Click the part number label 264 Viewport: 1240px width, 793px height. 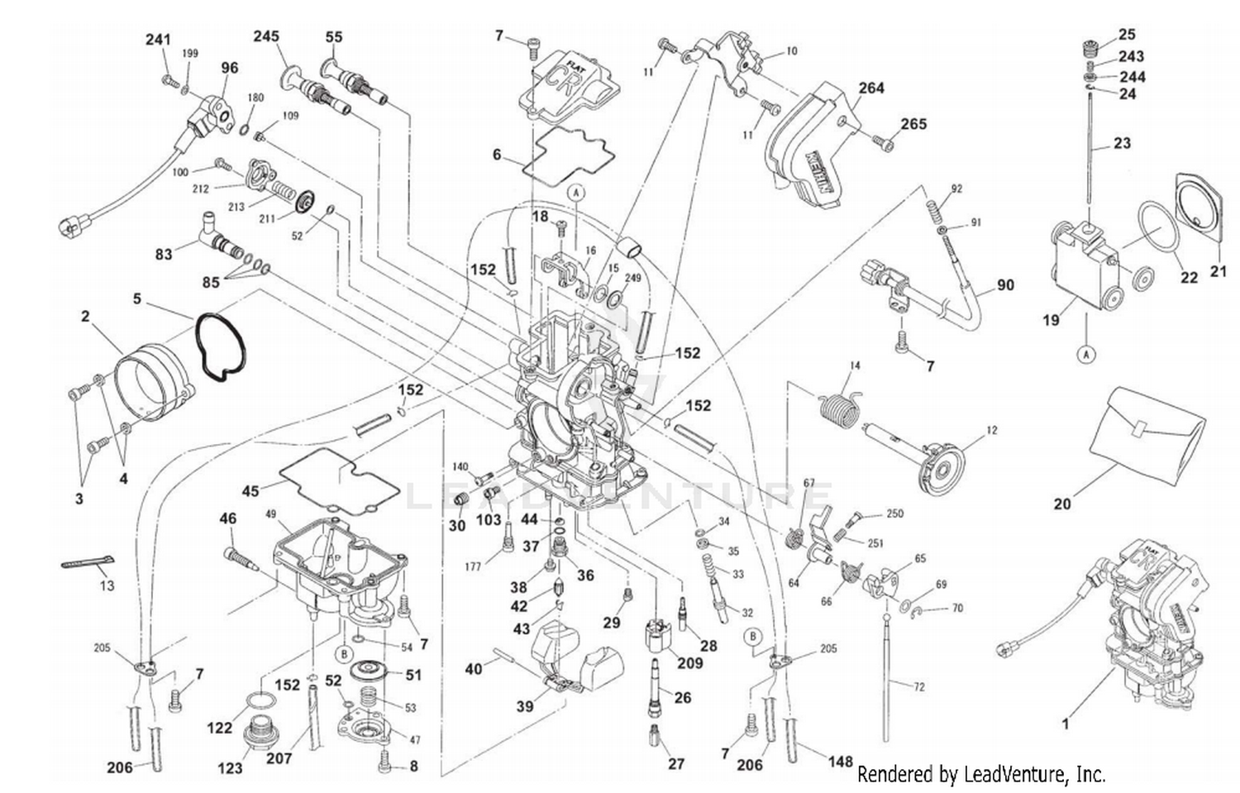tap(870, 88)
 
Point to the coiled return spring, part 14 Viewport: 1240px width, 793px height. tap(841, 407)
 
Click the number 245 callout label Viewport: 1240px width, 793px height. tap(265, 36)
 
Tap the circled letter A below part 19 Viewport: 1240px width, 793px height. tap(1088, 355)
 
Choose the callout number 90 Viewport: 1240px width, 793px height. tap(1004, 285)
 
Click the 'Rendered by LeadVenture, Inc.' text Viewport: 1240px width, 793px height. tap(980, 774)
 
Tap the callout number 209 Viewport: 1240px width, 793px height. tap(689, 662)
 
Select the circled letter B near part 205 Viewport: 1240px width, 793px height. tap(752, 636)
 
